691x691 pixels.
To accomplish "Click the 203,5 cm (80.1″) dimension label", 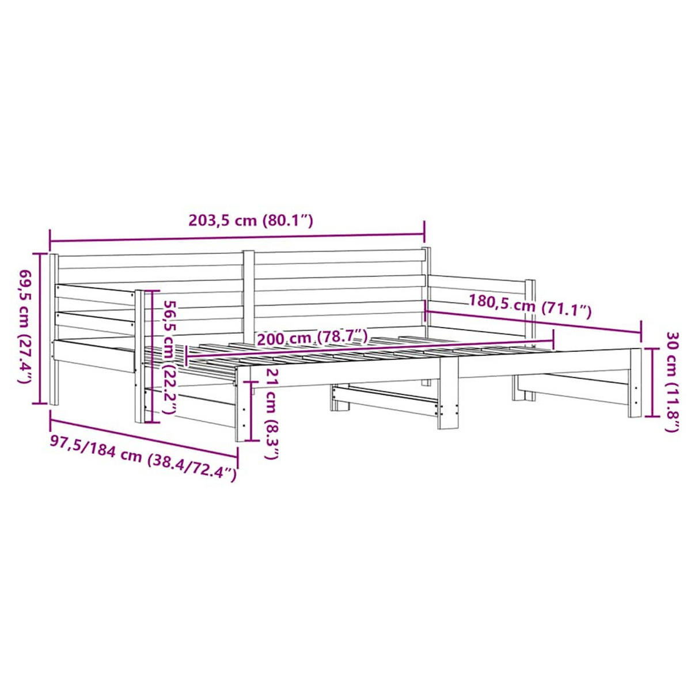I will point(250,220).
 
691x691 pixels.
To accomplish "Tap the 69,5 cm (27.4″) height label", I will point(25,327).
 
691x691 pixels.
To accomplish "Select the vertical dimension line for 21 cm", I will point(252,411).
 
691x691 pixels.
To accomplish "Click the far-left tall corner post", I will point(54,328).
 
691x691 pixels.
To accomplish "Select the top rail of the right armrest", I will point(478,282).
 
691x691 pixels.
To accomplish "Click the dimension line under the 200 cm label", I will point(369,351).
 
